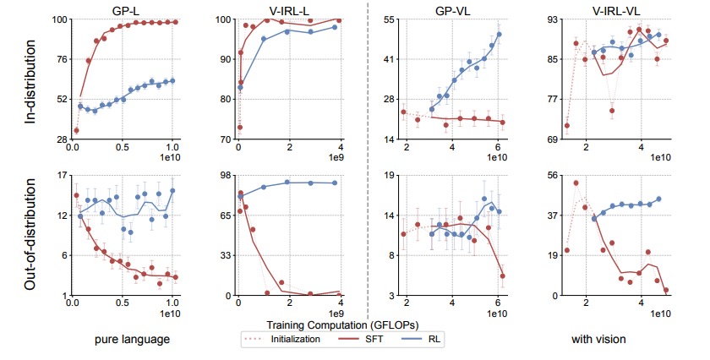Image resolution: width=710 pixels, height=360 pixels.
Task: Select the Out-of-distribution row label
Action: coord(31,236)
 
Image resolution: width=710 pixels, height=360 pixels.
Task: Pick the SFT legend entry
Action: coord(365,340)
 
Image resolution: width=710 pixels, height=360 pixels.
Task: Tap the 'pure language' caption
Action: coord(128,340)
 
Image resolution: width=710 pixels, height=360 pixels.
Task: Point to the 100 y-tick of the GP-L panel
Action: coord(57,19)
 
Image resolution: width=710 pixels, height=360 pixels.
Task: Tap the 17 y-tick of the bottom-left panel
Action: coord(59,175)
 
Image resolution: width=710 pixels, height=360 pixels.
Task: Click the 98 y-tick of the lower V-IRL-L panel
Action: coord(225,175)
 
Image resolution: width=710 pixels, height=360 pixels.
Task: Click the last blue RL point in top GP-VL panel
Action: coord(499,35)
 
